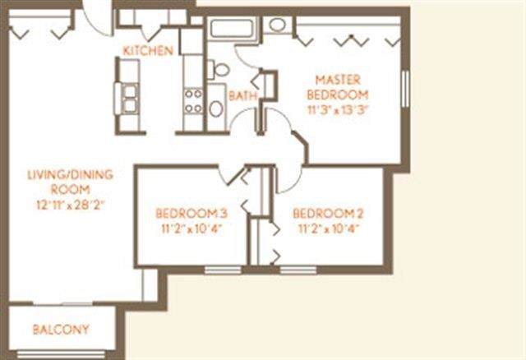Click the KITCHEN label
tap(148, 51)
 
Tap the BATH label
tap(242, 96)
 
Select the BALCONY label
tap(61, 330)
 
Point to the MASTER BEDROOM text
tap(338, 87)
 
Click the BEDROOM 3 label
tap(191, 214)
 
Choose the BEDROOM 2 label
tap(328, 214)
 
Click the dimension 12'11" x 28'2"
tap(71, 205)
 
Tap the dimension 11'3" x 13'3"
tap(338, 110)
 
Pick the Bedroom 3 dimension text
tap(191, 229)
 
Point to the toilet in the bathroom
tap(219, 70)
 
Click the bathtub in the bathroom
tap(232, 29)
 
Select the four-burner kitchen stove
tap(194, 100)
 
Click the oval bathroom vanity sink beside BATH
tap(216, 108)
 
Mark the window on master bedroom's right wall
tap(405, 89)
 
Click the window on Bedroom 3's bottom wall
tap(223, 270)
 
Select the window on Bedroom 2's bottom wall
tap(298, 270)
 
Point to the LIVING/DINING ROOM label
tap(70, 182)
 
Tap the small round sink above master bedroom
tap(278, 25)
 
